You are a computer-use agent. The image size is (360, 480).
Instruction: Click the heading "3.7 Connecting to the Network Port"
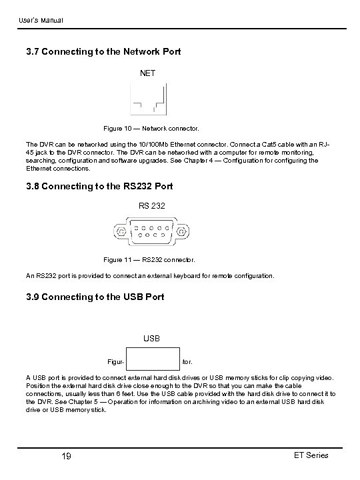point(111,51)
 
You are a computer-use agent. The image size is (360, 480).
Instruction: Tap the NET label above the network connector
point(147,73)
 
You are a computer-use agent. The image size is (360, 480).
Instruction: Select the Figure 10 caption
point(151,127)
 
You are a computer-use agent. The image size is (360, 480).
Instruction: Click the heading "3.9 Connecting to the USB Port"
point(103,297)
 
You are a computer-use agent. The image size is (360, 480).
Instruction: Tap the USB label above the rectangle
point(152,338)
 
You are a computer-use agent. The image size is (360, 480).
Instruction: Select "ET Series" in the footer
point(311,455)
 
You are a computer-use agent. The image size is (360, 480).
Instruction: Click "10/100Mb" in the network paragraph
point(157,143)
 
